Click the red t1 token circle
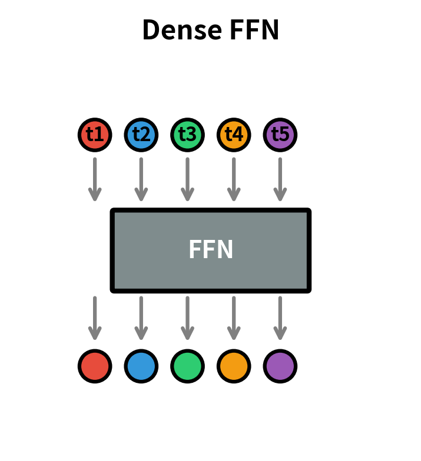(x=95, y=135)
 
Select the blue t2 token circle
(x=141, y=135)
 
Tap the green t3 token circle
(x=187, y=135)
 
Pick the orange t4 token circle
(x=234, y=135)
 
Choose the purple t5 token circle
(x=280, y=135)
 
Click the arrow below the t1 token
(x=95, y=179)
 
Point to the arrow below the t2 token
(x=141, y=179)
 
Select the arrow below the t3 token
(x=187, y=179)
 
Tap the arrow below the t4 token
(x=234, y=179)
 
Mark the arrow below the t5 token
(x=280, y=179)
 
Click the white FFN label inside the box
(x=211, y=250)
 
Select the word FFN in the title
(x=253, y=30)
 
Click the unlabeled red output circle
(x=95, y=366)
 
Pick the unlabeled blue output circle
(x=141, y=366)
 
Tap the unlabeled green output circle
(x=187, y=366)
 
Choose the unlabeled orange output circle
(x=234, y=366)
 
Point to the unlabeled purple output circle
(x=280, y=366)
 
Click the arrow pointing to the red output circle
(x=95, y=318)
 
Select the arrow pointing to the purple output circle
(x=280, y=318)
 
